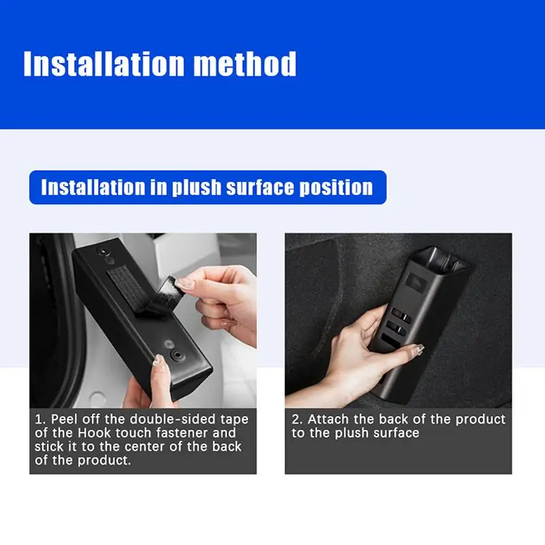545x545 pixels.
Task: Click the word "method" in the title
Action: (245, 63)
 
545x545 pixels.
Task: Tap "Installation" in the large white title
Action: (104, 63)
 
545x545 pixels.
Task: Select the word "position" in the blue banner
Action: (336, 187)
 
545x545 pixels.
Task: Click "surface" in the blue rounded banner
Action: (260, 187)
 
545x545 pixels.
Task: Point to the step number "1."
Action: (40, 420)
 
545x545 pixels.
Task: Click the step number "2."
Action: (297, 420)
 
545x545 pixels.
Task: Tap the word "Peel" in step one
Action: (64, 420)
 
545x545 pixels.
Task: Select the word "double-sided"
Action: (173, 420)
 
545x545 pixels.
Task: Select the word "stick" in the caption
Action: (48, 447)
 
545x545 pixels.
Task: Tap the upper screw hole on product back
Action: (103, 251)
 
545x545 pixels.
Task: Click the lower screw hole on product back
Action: (178, 356)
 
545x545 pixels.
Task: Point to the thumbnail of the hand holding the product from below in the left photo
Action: (158, 360)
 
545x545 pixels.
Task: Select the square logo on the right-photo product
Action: (417, 282)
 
